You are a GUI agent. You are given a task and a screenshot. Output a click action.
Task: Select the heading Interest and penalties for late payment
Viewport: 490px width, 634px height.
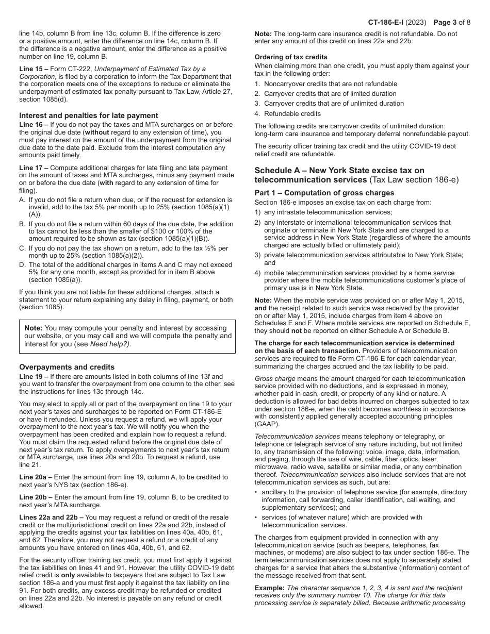[89, 115]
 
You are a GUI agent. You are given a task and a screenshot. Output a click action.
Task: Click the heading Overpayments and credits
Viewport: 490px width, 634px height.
[67, 367]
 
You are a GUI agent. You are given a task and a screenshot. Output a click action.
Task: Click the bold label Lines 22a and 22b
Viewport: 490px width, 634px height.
[48, 517]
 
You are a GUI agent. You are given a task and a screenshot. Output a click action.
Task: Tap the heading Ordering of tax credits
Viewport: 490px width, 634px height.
[291, 57]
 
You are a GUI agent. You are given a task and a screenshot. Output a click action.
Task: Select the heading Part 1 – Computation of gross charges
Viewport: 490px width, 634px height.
[324, 193]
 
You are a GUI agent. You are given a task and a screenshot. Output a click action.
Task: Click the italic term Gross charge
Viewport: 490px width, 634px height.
[275, 379]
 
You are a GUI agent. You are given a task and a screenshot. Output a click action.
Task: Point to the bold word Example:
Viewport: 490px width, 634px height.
[270, 588]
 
